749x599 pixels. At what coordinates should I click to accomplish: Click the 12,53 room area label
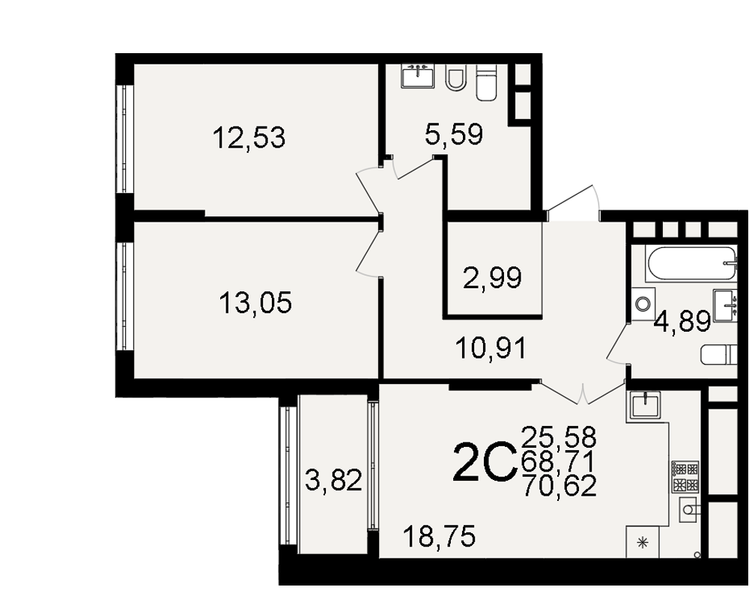(249, 138)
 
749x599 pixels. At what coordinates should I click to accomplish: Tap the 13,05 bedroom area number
(255, 302)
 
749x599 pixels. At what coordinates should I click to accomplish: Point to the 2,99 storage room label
(493, 278)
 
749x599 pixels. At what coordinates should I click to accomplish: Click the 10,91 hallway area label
(491, 348)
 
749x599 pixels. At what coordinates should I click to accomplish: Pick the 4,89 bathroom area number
(683, 321)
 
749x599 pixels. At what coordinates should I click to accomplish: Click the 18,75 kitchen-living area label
(440, 536)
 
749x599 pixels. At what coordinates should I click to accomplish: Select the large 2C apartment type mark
(485, 463)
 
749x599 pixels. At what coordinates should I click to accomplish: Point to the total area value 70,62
(560, 486)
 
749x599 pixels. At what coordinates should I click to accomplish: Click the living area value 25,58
(560, 437)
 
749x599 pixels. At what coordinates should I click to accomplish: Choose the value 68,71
(560, 461)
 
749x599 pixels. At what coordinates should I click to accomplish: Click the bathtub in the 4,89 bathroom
(691, 264)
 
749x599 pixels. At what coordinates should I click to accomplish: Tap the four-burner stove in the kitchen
(685, 477)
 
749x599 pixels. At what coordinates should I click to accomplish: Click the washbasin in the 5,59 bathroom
(418, 76)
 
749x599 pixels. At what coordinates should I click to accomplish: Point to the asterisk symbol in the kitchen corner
(643, 542)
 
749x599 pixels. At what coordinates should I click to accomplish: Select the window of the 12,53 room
(124, 139)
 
